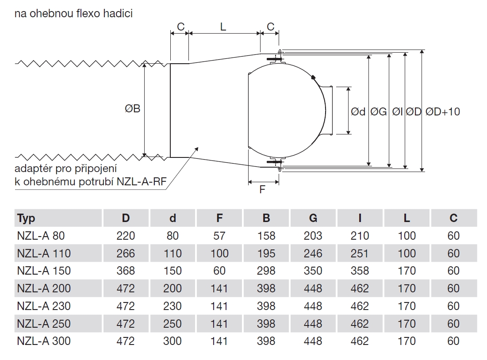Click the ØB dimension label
coord(132,108)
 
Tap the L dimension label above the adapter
coord(223,27)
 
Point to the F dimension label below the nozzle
coord(262,190)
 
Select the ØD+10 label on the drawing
coord(443,112)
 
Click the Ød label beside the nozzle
coord(358,112)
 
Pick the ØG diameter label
coord(379,112)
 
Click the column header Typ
coord(26,218)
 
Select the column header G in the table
coord(313,218)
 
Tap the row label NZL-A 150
coord(44,271)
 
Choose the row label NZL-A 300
coord(44,341)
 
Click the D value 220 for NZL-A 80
coord(126,236)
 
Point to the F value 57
coord(219,236)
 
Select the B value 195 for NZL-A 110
coord(266,253)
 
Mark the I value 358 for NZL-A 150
coord(360,271)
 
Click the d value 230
coord(173,306)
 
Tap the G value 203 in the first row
coord(313,236)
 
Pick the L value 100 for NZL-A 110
coord(406,253)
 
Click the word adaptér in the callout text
coord(33,169)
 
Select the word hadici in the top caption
coord(119,13)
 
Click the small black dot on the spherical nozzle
coord(313,77)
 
